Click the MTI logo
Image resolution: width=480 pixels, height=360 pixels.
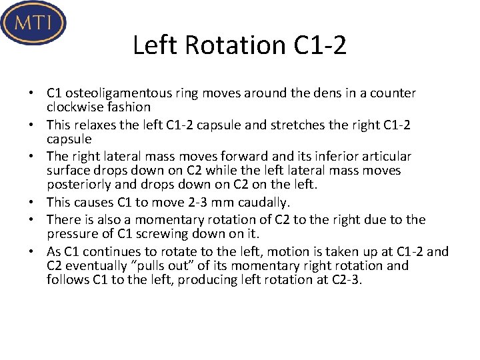(33, 23)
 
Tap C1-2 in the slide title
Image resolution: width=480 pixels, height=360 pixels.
(320, 45)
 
